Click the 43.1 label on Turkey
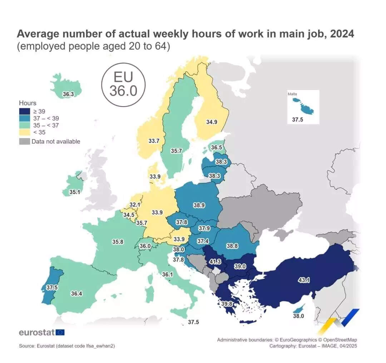[x=304, y=280]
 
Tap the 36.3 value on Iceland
[x=68, y=94]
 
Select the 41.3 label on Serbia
[x=214, y=262]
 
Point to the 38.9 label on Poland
[x=199, y=205]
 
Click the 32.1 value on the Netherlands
[x=134, y=205]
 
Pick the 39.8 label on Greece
[x=227, y=304]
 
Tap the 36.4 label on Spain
[x=76, y=294]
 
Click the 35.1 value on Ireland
[x=75, y=192]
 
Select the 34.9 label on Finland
[x=211, y=122]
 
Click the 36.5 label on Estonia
[x=216, y=147]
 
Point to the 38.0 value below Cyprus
[x=298, y=316]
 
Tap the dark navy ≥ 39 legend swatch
[x=24, y=111]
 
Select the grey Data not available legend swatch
[x=24, y=141]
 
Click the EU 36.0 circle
[x=123, y=84]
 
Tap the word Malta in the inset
[x=292, y=94]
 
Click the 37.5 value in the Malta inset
[x=297, y=120]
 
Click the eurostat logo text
[x=36, y=332]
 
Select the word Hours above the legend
[x=28, y=103]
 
